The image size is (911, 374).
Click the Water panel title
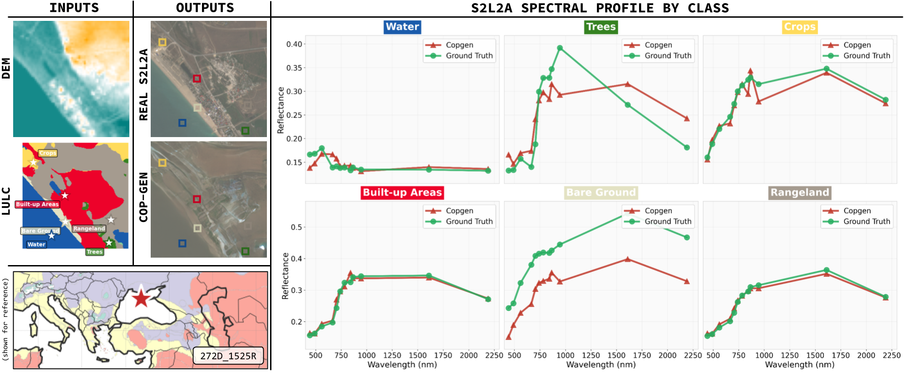pyautogui.click(x=402, y=27)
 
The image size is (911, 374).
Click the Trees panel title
pyautogui.click(x=601, y=27)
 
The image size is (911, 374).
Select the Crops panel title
pyautogui.click(x=799, y=27)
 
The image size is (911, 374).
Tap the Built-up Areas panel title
pyautogui.click(x=402, y=192)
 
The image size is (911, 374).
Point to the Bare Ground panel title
pyautogui.click(x=601, y=192)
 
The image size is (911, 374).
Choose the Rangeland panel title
pyautogui.click(x=800, y=192)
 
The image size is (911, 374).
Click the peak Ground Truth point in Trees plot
pyautogui.click(x=560, y=48)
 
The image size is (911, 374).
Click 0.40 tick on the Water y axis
pyautogui.click(x=294, y=44)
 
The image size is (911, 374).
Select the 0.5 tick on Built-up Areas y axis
pyautogui.click(x=296, y=227)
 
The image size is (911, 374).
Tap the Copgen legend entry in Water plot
pyautogui.click(x=459, y=45)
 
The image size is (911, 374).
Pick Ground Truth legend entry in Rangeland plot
pyautogui.click(x=866, y=221)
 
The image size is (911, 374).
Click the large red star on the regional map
pyautogui.click(x=141, y=298)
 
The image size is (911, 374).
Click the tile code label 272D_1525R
pyautogui.click(x=228, y=356)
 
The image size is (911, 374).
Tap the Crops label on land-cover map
pyautogui.click(x=48, y=153)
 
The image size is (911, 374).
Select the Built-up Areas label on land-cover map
pyautogui.click(x=37, y=204)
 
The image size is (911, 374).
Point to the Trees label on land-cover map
pyautogui.click(x=94, y=252)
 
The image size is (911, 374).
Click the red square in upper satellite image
pyautogui.click(x=197, y=79)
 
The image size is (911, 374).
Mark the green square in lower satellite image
pyautogui.click(x=245, y=251)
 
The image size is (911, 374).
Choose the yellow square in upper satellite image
pyautogui.click(x=162, y=42)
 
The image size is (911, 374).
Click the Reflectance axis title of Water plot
pyautogui.click(x=281, y=110)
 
